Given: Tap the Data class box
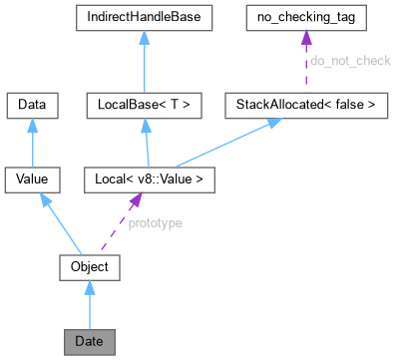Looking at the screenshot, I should point(33,103).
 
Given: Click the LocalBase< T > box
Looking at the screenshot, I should point(145,103).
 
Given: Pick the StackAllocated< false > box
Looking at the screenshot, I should point(306,103).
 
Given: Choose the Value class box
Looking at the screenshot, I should point(33,180).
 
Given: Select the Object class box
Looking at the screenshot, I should point(90,267).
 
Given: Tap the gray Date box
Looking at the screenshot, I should point(90,342).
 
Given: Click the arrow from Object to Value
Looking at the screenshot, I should point(62,223).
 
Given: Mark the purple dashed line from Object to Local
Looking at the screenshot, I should point(118,223).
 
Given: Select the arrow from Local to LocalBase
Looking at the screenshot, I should point(145,142).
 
